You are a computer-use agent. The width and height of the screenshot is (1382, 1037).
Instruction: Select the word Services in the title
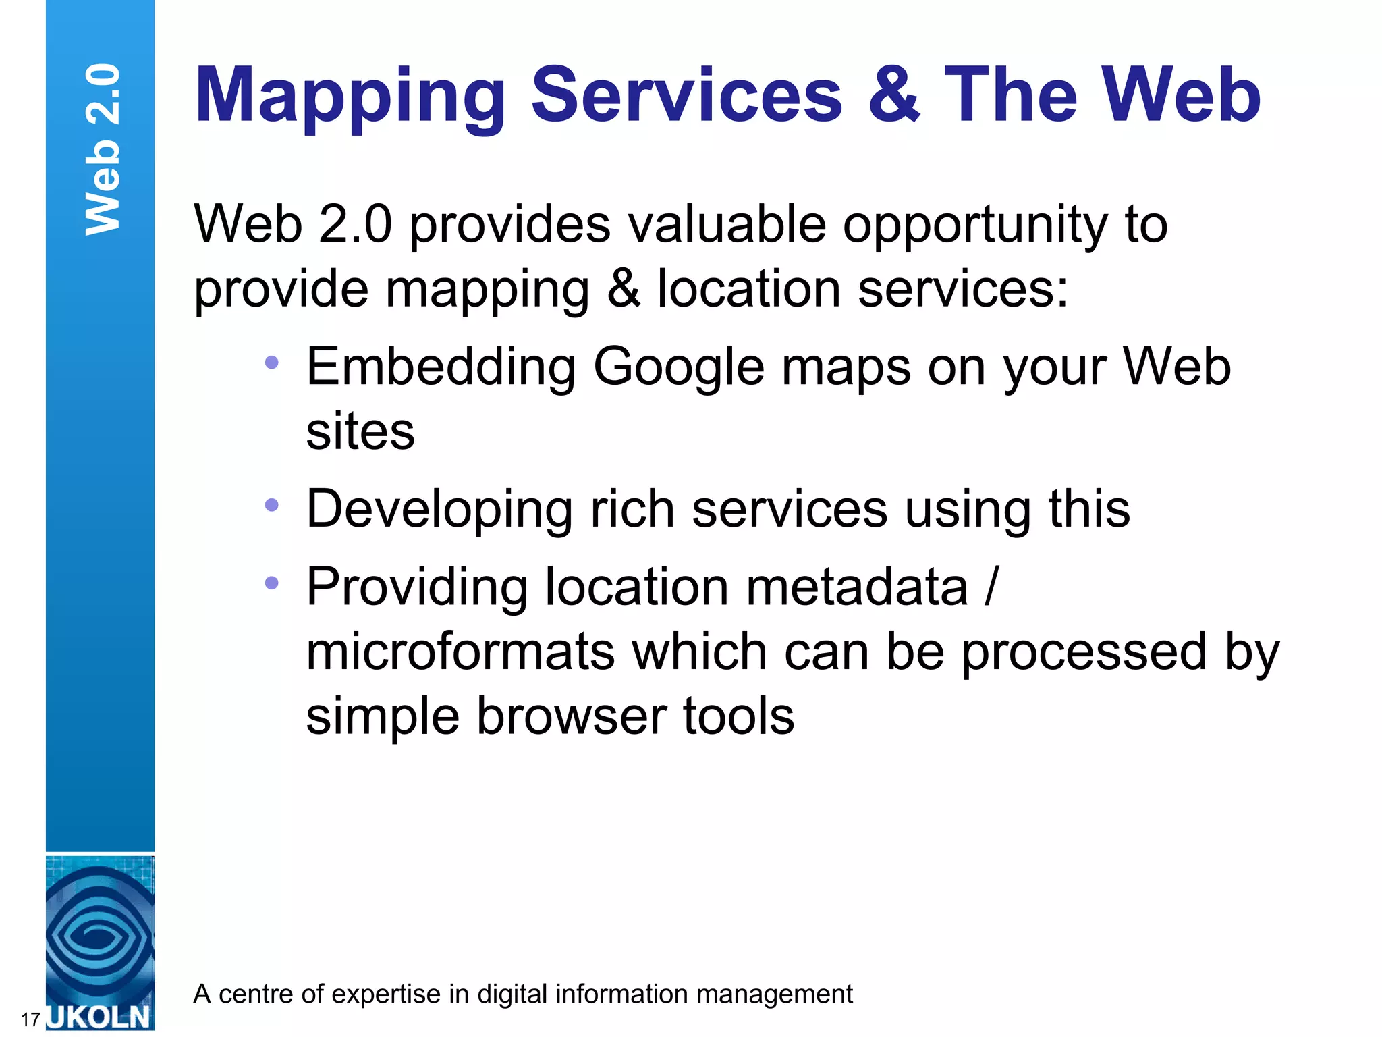click(686, 96)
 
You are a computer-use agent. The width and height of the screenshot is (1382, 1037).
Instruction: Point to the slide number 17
click(30, 1019)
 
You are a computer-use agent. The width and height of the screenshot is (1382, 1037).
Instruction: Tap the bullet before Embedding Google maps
click(271, 363)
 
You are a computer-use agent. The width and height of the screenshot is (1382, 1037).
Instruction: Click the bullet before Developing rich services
click(271, 505)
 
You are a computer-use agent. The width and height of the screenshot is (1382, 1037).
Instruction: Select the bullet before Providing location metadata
click(271, 583)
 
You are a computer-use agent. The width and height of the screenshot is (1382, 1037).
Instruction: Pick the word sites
click(360, 432)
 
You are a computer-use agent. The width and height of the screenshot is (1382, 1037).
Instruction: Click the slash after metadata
click(990, 586)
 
